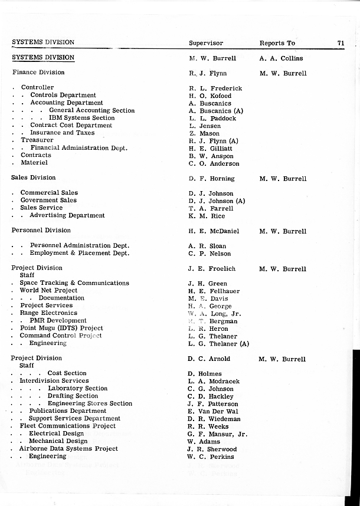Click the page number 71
pos(341,42)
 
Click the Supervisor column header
pos(206,43)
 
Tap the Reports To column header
pos(277,43)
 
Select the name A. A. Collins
pos(281,58)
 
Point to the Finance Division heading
pos(38,73)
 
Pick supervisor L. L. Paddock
pos(212,119)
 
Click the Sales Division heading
pos(34,178)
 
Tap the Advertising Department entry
pos(67,215)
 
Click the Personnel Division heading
pos(41,231)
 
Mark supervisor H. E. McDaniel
pos(214,231)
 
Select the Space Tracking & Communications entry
pos(74,283)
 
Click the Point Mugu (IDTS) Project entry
pos(61,328)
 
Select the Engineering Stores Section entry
pos(90,403)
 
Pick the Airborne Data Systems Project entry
pos(68,449)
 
